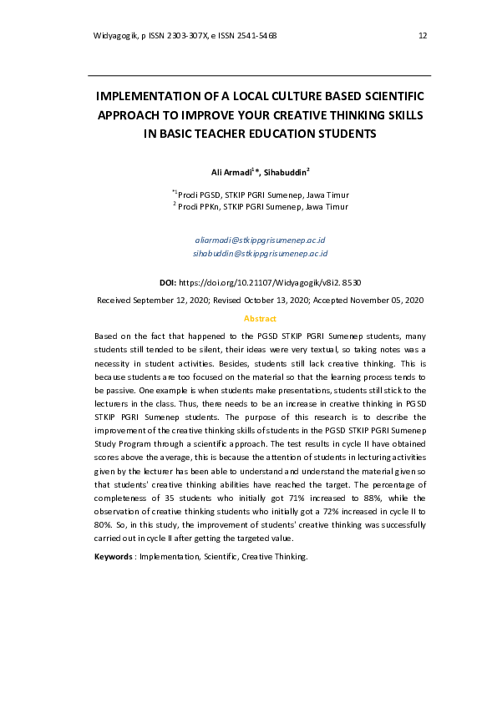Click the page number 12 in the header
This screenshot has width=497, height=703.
tap(423, 36)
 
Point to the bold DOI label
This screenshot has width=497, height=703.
tap(168, 283)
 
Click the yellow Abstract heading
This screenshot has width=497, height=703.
tap(260, 318)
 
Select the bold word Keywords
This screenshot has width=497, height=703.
tap(114, 556)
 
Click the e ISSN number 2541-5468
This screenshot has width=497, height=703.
tap(256, 36)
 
